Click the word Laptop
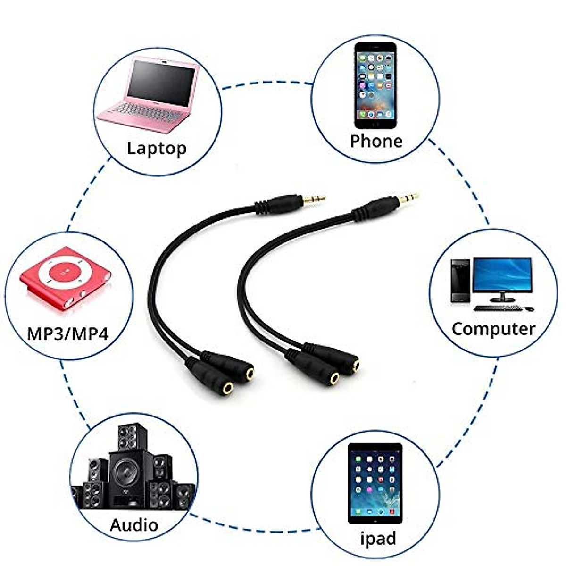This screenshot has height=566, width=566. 157,149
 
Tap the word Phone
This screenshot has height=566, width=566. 376,141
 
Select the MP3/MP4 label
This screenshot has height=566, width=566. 68,333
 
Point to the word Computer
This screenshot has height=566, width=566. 493,329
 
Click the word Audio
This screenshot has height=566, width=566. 134,524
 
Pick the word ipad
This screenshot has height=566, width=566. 378,538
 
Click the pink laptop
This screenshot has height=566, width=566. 150,94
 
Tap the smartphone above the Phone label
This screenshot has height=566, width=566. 375,85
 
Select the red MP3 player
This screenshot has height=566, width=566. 65,278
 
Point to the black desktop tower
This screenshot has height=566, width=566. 460,281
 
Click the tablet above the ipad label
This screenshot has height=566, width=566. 375,483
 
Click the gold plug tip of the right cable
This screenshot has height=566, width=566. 408,198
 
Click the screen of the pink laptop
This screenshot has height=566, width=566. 160,84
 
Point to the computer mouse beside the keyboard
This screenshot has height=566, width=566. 529,309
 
